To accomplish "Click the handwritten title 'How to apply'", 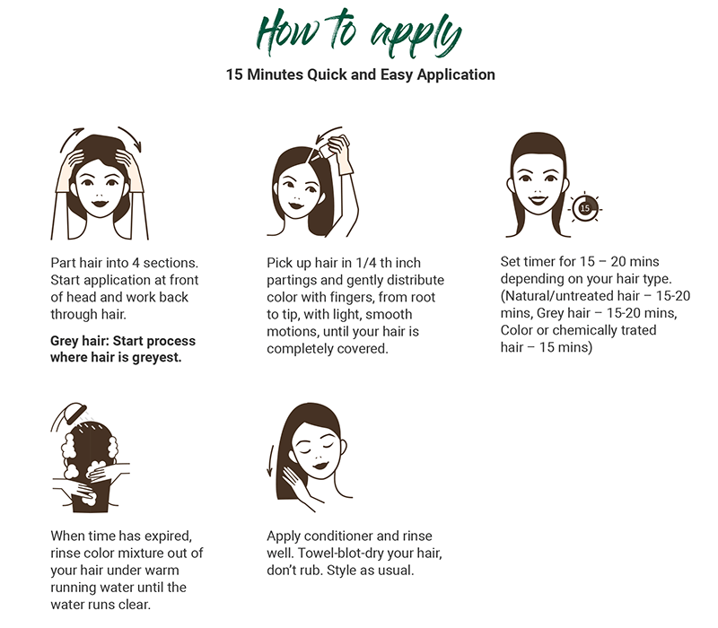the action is [359, 33].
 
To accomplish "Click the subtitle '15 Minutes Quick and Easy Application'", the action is [361, 74].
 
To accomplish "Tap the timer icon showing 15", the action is [585, 208].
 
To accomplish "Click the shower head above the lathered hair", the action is [74, 413].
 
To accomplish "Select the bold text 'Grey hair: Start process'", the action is [123, 341].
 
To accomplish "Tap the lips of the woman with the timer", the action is [538, 199].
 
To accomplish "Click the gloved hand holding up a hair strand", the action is [339, 154].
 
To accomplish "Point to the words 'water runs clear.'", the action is [101, 605].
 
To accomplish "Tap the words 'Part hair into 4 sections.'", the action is [124, 263].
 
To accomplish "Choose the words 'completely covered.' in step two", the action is [328, 349].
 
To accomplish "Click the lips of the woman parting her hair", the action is [100, 204].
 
